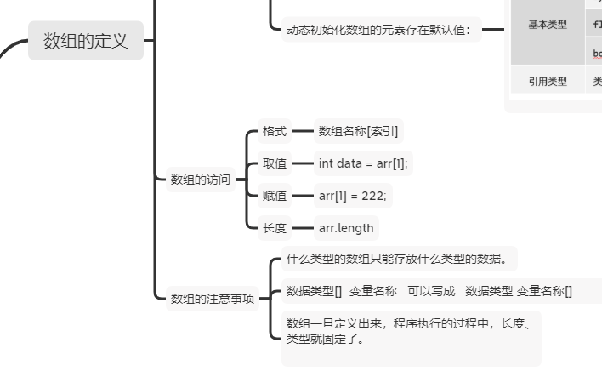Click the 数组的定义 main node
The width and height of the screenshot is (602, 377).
85,40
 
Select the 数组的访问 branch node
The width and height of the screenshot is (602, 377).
200,180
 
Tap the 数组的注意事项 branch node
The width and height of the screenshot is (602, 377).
213,299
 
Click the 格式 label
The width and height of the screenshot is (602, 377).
274,131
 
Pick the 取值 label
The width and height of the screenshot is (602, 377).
274,163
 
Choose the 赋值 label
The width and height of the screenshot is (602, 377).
274,196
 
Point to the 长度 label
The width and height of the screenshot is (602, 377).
274,228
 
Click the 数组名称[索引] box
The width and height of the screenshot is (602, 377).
358,131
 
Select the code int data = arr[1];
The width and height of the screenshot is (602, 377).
363,163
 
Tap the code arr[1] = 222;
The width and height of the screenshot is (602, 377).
352,196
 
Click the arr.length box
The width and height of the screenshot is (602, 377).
345,228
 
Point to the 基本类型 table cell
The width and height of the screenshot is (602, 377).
548,25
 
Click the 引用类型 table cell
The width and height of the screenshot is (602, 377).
548,82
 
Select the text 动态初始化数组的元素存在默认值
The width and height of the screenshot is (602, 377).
383,31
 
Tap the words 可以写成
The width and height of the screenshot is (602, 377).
431,291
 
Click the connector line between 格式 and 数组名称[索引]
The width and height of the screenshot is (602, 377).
302,131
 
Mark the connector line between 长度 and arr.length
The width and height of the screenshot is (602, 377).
302,228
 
